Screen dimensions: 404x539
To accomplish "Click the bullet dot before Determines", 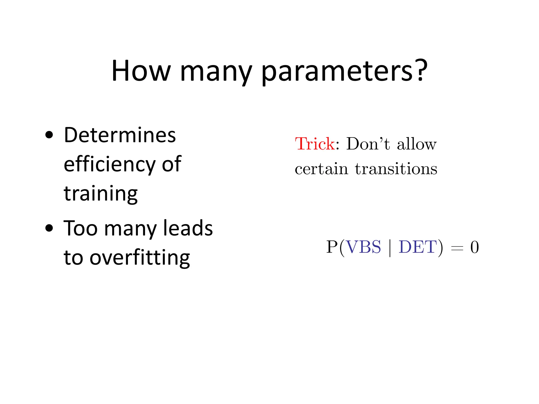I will (x=49, y=135).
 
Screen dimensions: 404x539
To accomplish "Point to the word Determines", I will (x=120, y=135).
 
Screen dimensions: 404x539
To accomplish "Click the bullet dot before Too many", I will (x=49, y=228).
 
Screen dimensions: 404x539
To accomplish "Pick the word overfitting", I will (x=139, y=258).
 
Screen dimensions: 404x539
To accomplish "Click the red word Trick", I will (x=315, y=144).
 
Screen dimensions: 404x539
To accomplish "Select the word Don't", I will (x=368, y=144).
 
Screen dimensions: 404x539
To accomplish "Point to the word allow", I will (x=417, y=144).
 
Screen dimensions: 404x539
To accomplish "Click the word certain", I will (x=321, y=169).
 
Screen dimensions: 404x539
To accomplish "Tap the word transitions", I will (x=396, y=169).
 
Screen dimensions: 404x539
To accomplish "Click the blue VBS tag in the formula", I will (x=363, y=247).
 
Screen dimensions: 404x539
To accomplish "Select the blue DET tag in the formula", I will (x=418, y=247).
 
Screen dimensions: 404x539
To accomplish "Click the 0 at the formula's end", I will (x=475, y=248).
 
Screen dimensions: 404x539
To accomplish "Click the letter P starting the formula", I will (x=332, y=247).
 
